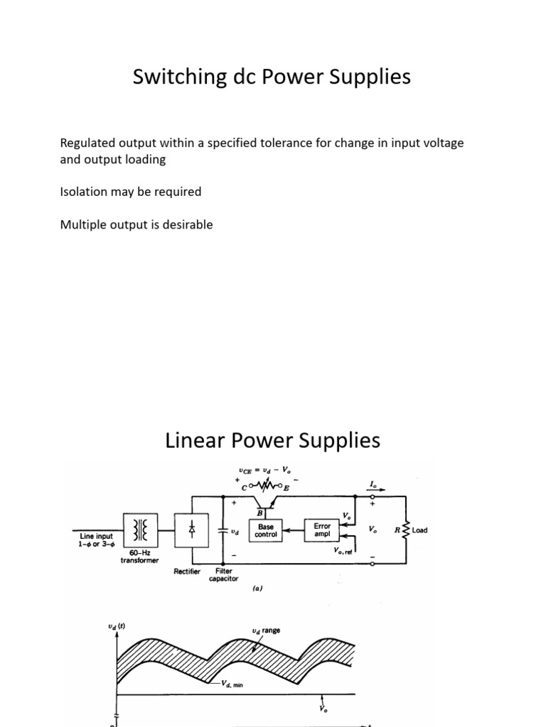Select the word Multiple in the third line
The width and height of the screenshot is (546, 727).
click(x=83, y=225)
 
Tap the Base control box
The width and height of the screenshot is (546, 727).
click(x=266, y=532)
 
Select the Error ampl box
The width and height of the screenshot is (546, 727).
click(x=322, y=530)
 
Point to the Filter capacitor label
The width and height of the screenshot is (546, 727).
click(x=223, y=574)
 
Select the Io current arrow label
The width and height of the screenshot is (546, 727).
click(x=373, y=483)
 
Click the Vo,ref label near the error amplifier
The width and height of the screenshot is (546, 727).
click(x=343, y=550)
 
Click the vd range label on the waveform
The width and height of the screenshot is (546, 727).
click(x=266, y=630)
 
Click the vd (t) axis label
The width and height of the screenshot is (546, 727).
click(x=117, y=625)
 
